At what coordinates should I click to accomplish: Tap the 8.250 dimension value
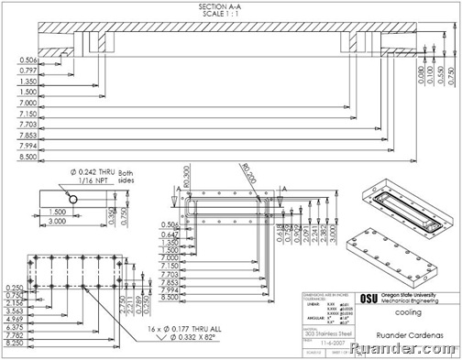[x=14, y=342]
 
